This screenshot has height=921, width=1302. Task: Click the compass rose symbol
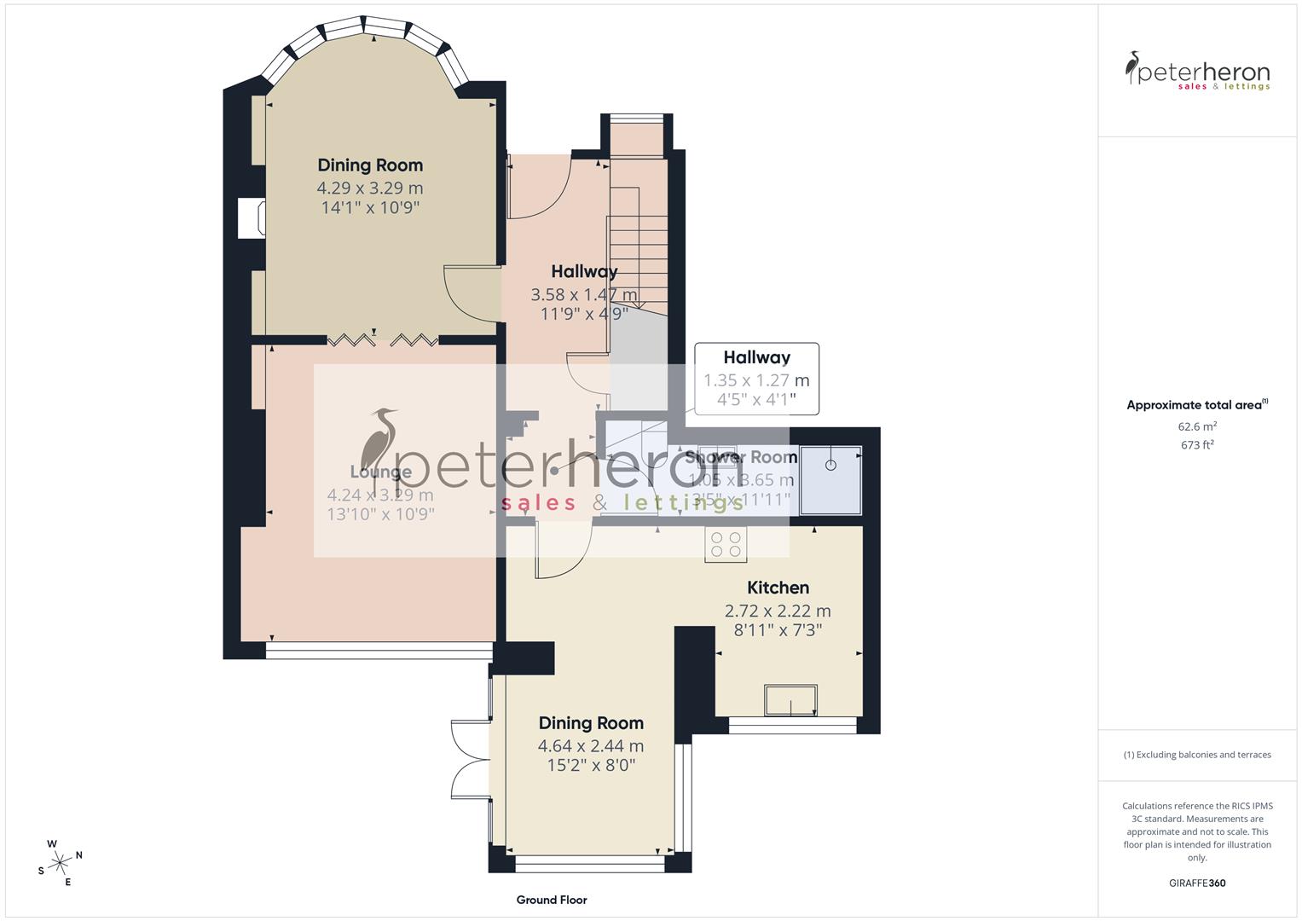click(60, 862)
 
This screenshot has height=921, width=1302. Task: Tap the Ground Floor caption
click(552, 900)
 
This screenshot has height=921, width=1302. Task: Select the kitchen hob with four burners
click(726, 544)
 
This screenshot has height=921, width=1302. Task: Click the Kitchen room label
click(778, 588)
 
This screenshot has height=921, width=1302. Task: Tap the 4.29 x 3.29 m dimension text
click(370, 188)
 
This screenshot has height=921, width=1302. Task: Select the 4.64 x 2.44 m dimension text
click(591, 746)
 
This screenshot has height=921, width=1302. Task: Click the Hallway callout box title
click(756, 358)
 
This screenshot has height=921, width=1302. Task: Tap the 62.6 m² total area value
click(1197, 426)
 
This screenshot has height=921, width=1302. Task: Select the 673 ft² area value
click(1197, 445)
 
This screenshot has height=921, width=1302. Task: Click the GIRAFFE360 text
click(1197, 883)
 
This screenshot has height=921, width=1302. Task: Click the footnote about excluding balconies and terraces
click(1197, 755)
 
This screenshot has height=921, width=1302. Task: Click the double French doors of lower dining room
click(471, 762)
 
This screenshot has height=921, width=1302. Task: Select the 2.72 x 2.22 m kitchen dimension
click(778, 611)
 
